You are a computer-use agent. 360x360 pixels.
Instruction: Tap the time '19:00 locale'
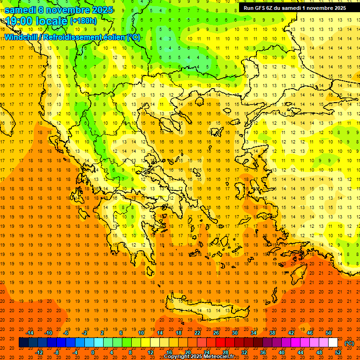(37, 21)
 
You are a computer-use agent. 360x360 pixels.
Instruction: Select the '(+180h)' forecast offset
(83, 21)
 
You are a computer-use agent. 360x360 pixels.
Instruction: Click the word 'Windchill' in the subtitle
(22, 37)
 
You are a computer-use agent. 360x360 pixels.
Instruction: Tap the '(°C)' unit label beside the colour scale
(349, 343)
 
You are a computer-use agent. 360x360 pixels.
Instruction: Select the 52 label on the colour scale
(338, 352)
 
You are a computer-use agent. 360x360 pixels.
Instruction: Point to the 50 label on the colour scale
(329, 332)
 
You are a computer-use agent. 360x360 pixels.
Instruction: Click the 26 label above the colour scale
(216, 332)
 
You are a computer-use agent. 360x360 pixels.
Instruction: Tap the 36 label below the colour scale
(263, 352)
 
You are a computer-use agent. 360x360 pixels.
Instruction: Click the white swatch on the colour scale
(333, 343)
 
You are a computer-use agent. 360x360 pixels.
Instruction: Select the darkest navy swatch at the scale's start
(23, 343)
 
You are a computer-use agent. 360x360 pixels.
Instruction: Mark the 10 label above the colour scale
(141, 332)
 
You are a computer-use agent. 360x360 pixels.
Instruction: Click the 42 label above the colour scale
(291, 332)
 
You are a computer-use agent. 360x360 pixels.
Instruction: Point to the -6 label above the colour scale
(66, 332)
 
